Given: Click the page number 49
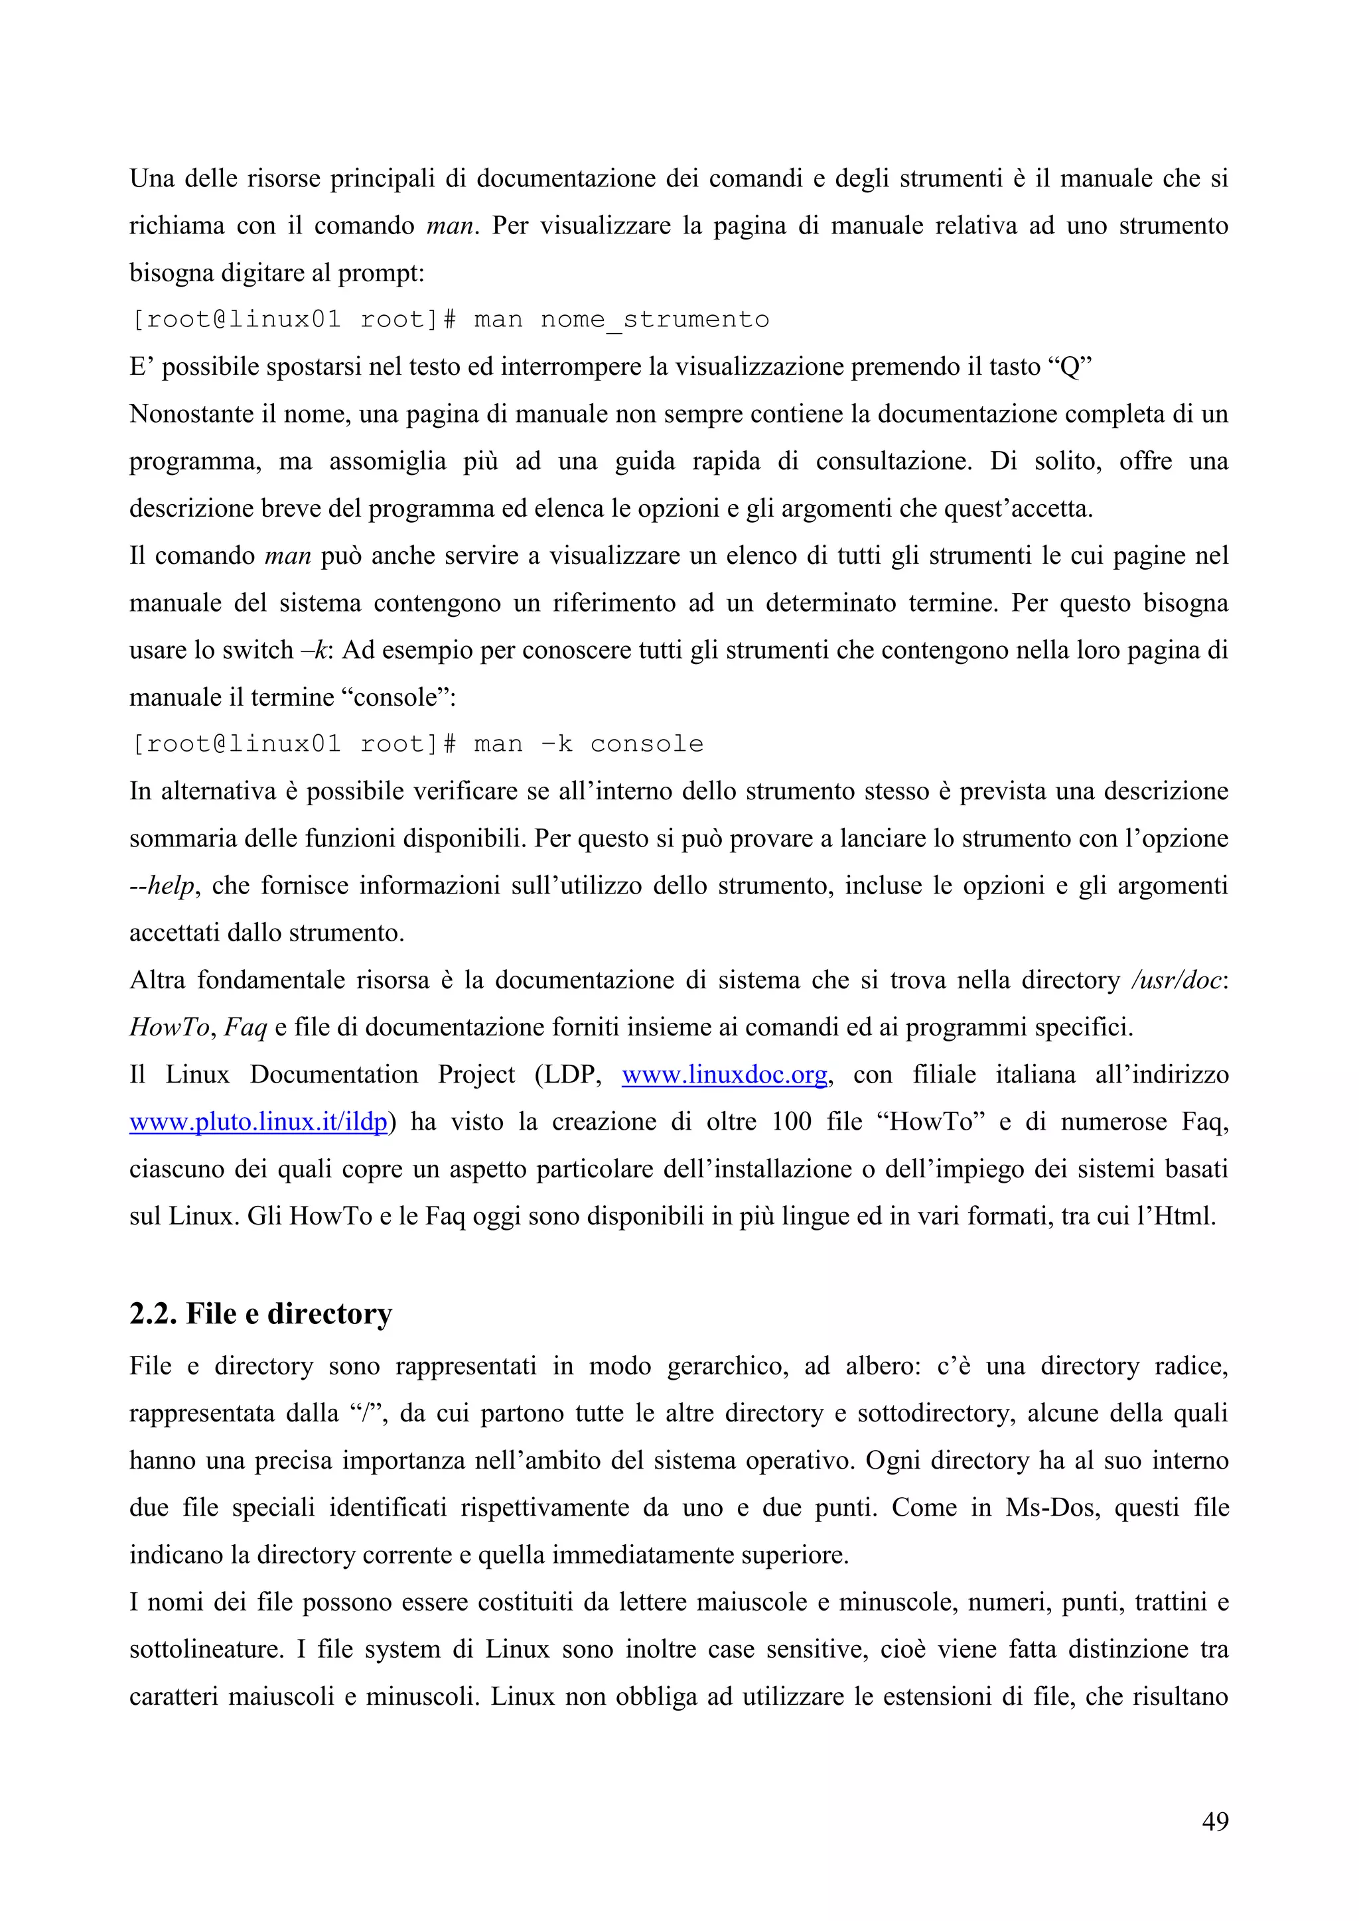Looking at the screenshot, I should (1214, 1821).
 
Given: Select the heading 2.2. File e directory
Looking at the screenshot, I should (260, 1315).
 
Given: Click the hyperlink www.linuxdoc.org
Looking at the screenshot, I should (724, 1075).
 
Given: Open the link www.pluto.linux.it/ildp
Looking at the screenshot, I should (257, 1122).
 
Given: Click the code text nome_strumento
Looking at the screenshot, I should (654, 320).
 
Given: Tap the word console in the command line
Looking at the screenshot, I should (646, 744).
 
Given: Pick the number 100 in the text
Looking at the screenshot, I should (791, 1122).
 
